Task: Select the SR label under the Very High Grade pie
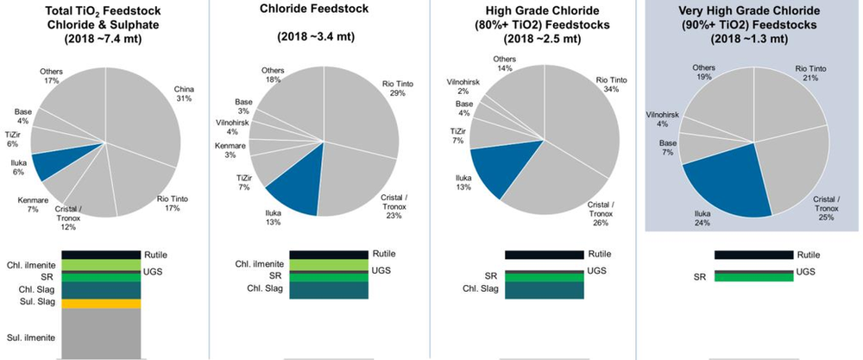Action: point(701,277)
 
